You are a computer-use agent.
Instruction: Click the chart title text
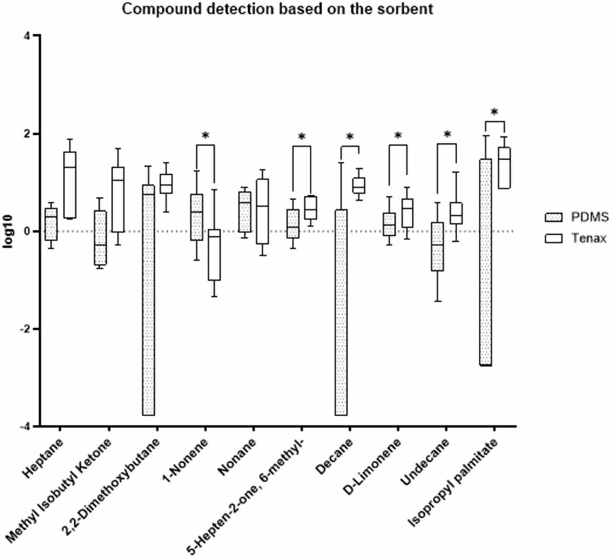click(277, 9)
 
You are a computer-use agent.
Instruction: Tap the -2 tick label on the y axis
click(26, 329)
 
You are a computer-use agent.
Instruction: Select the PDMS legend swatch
click(553, 217)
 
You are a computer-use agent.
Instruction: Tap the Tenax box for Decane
click(358, 186)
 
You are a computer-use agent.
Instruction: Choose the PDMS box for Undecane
click(437, 247)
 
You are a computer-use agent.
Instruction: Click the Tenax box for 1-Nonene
click(214, 254)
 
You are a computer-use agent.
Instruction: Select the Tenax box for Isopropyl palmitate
click(504, 167)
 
